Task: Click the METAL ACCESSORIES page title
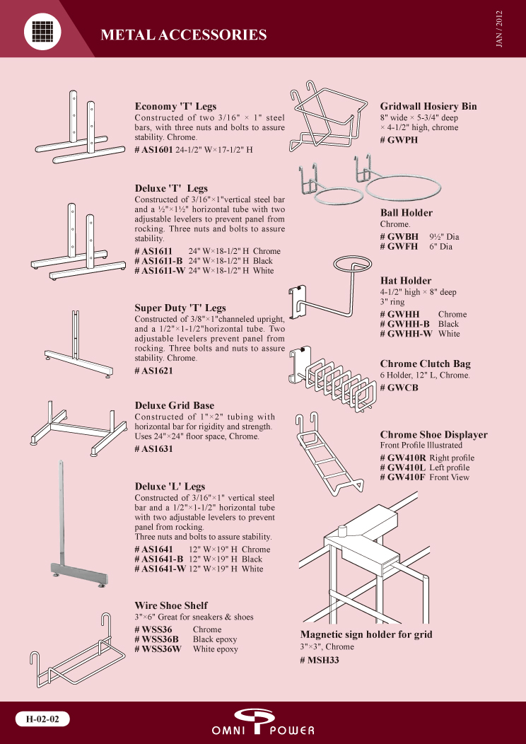click(x=184, y=35)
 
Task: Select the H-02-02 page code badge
click(x=42, y=719)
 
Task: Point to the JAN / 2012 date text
click(x=499, y=28)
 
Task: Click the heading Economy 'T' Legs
click(x=175, y=106)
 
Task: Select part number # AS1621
click(x=153, y=371)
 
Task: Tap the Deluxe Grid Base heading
click(x=174, y=405)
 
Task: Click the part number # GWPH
click(x=399, y=140)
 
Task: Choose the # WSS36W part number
click(x=158, y=649)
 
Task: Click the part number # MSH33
click(x=319, y=660)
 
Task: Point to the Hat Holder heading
click(x=406, y=281)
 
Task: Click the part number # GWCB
click(x=399, y=388)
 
